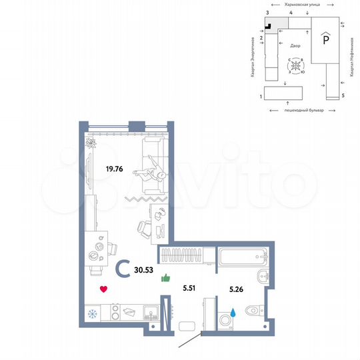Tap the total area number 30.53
(143, 271)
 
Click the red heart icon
(103, 289)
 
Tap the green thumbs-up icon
(165, 279)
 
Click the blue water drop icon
(233, 311)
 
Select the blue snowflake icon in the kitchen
(93, 313)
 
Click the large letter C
(123, 269)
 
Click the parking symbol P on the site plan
(325, 40)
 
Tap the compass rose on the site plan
(295, 66)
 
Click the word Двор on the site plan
(295, 46)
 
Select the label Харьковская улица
(301, 5)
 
